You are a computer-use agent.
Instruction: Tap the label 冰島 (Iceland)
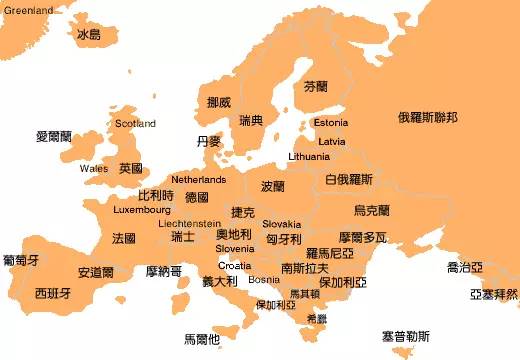click(x=89, y=35)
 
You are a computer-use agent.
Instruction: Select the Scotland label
click(x=135, y=124)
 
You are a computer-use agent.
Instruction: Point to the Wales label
click(x=94, y=168)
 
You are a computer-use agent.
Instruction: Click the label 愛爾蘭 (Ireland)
click(x=54, y=136)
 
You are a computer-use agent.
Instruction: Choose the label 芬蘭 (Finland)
click(x=315, y=87)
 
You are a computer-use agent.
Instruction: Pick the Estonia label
click(x=330, y=123)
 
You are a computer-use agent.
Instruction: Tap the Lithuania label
click(x=308, y=157)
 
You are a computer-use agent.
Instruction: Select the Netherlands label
click(x=198, y=180)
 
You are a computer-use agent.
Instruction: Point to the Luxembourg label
click(x=142, y=211)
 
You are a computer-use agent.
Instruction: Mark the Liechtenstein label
click(x=190, y=224)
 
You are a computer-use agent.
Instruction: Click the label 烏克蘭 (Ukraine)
click(x=372, y=211)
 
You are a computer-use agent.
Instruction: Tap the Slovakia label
click(x=282, y=224)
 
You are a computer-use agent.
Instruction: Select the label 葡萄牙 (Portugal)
click(x=21, y=260)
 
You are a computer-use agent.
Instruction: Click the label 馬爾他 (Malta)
click(x=202, y=339)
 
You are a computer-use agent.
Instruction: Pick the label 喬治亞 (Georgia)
click(x=466, y=267)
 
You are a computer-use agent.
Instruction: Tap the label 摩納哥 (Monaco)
click(x=164, y=271)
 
